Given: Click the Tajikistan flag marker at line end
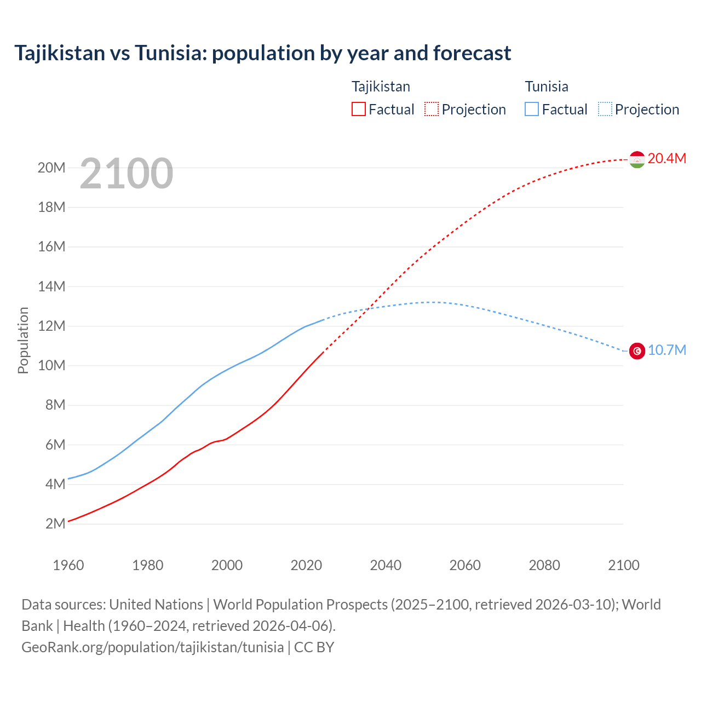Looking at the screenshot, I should click(637, 159).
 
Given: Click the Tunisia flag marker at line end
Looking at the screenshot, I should click(637, 350).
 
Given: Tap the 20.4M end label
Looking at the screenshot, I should click(666, 158).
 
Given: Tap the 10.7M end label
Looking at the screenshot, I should click(666, 350).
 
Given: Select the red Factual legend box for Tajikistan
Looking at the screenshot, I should click(359, 109).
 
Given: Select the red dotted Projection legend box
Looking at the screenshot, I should click(432, 109).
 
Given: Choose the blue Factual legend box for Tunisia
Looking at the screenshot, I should click(532, 109).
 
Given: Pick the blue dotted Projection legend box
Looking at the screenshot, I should click(605, 109).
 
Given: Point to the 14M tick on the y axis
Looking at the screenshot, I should click(51, 286).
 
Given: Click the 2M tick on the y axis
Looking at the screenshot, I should click(55, 524).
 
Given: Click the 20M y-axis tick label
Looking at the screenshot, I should click(51, 168).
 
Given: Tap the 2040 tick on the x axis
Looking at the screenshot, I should click(386, 565).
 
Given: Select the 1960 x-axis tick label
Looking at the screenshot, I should click(68, 565).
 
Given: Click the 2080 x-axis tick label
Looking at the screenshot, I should click(544, 565).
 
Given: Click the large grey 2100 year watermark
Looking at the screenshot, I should click(127, 174).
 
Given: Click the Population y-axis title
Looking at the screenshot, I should click(23, 340).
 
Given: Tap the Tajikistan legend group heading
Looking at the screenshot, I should click(381, 87).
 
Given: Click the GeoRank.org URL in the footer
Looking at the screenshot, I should click(152, 647).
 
